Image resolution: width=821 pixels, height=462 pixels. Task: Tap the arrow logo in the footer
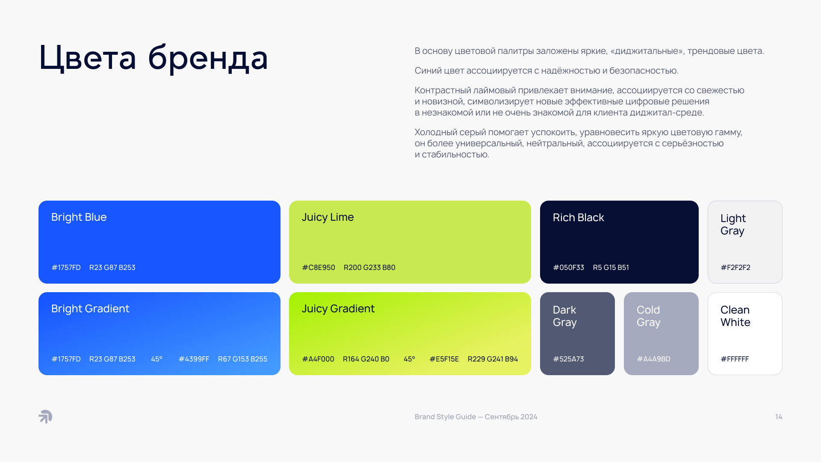click(45, 417)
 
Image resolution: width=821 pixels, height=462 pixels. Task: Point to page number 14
click(779, 417)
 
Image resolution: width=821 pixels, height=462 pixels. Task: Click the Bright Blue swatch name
click(79, 217)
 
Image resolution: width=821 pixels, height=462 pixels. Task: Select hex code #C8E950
click(319, 267)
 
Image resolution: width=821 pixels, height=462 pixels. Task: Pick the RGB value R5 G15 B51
click(611, 267)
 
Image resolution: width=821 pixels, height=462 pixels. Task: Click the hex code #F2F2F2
click(735, 267)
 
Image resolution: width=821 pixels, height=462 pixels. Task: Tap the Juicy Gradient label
click(338, 309)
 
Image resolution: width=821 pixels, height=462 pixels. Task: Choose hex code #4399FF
click(194, 359)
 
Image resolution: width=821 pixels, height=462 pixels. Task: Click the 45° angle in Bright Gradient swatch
click(157, 359)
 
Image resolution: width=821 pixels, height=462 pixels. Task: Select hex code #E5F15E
click(444, 359)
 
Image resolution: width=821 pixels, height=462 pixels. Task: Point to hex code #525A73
click(568, 359)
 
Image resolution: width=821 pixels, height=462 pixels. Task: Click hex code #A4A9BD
click(653, 359)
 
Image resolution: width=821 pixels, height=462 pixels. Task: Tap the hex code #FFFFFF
click(735, 359)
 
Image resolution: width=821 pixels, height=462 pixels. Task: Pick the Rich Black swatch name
click(579, 218)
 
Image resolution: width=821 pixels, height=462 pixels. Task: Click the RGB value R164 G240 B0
click(366, 359)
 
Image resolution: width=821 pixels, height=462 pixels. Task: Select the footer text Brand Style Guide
click(445, 417)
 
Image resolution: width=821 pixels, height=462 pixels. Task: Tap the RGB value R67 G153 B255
click(242, 359)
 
